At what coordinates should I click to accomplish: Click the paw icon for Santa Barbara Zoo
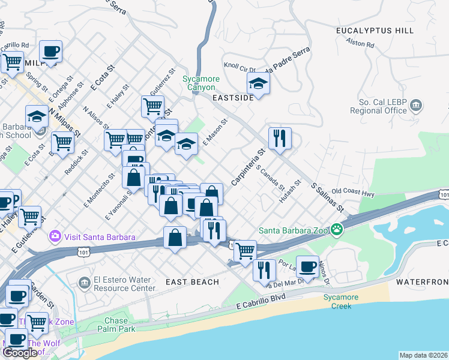point(338,229)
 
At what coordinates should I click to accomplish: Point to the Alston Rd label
point(360,43)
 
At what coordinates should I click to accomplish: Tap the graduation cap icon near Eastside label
point(258,83)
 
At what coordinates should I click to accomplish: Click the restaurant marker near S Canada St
point(280,138)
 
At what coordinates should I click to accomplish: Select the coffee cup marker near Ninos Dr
point(308,267)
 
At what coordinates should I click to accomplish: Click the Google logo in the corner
point(20,353)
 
